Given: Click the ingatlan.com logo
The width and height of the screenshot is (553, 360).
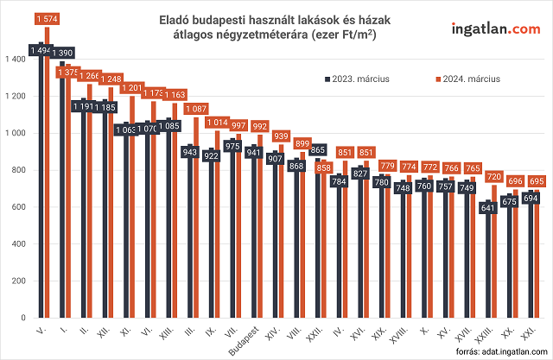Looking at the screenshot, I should (495, 29).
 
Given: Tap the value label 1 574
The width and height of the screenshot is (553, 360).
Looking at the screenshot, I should (48, 19).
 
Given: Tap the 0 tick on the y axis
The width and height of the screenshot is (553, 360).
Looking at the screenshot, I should (24, 319).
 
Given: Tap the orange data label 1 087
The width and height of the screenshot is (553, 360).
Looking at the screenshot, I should (197, 109).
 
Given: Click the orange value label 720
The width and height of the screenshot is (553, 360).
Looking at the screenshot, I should (494, 176).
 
